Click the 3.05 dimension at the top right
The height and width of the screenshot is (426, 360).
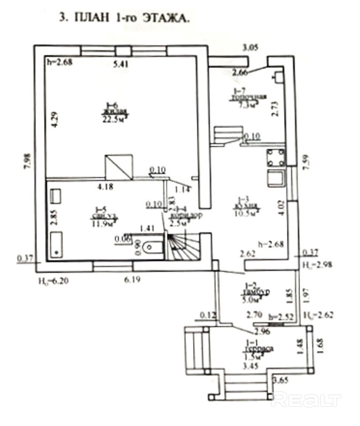click(250, 47)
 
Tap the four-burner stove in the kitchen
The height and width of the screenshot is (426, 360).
click(276, 157)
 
